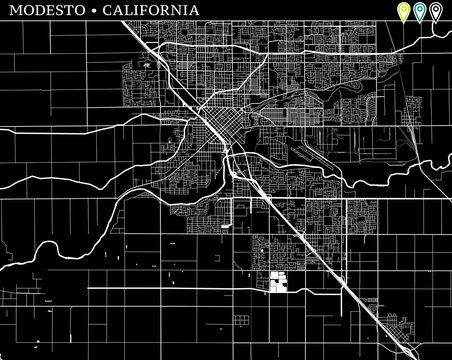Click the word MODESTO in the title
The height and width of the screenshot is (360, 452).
point(44,10)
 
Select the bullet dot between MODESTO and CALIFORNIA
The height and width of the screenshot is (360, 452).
point(94,10)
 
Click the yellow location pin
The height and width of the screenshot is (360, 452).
point(403,12)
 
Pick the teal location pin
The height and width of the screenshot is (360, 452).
point(420,12)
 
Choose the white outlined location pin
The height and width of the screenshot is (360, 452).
point(437,12)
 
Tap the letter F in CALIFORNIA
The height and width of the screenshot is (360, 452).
point(142,10)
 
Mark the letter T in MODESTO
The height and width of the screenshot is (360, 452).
point(69,10)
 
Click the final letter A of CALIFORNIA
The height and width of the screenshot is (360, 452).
point(191,10)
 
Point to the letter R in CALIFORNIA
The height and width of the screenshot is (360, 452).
point(163,10)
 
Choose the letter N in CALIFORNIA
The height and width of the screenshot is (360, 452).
point(175,10)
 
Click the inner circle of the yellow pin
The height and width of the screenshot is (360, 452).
point(403,9)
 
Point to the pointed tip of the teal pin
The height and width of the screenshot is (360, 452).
point(420,21)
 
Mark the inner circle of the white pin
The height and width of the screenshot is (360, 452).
point(437,9)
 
